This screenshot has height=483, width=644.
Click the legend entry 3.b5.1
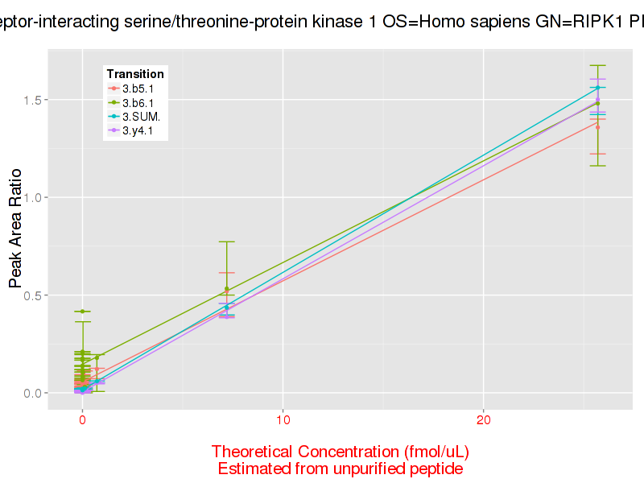pyautogui.click(x=138, y=89)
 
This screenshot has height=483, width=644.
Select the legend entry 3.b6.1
pyautogui.click(x=138, y=102)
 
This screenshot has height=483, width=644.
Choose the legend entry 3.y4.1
pyautogui.click(x=138, y=130)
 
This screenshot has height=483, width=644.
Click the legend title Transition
pyautogui.click(x=135, y=74)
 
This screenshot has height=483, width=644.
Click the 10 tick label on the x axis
pyautogui.click(x=283, y=421)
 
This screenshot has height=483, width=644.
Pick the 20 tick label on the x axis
pyautogui.click(x=483, y=421)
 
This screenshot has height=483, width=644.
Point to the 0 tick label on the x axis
pyautogui.click(x=82, y=421)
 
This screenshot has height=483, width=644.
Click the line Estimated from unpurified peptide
pyautogui.click(x=340, y=468)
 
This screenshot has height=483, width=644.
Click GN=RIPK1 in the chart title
pyautogui.click(x=576, y=23)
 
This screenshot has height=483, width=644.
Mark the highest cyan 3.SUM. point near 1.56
pyautogui.click(x=597, y=87)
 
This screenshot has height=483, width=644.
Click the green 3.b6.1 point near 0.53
pyautogui.click(x=227, y=289)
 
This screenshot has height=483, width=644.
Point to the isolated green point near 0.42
pyautogui.click(x=82, y=311)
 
